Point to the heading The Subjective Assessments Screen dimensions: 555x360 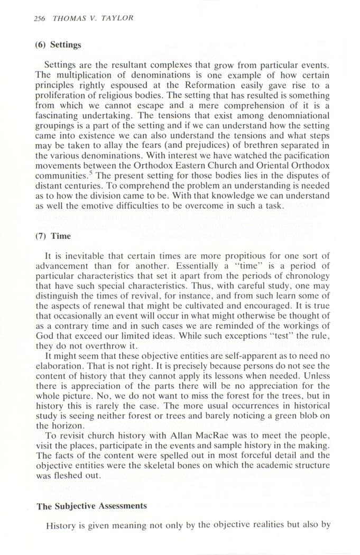91,506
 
